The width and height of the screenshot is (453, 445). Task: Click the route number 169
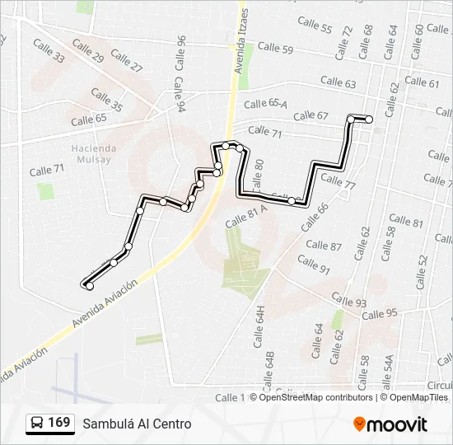[58, 423]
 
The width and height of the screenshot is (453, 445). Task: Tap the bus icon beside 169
[37, 424]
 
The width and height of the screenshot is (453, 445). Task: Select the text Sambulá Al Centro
[136, 424]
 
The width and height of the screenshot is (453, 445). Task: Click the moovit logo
[390, 424]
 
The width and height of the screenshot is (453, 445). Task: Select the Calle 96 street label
[180, 52]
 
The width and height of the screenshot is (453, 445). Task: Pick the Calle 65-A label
[265, 103]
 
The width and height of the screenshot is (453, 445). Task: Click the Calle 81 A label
[246, 215]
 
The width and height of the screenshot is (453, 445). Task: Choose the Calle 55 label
[315, 27]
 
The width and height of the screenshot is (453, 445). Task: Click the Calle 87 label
[323, 246]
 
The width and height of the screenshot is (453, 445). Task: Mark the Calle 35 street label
[107, 101]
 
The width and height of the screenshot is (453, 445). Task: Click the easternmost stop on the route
[369, 119]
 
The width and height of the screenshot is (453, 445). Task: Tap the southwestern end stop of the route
[86, 286]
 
